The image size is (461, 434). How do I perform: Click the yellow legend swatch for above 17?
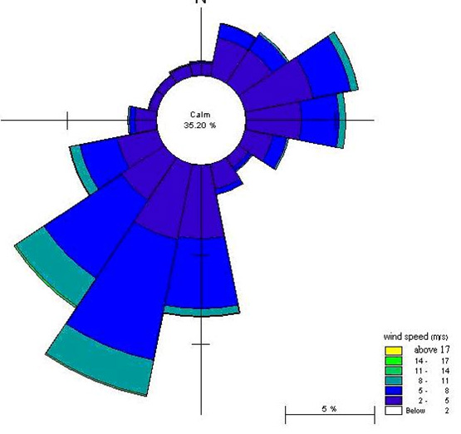(394, 350)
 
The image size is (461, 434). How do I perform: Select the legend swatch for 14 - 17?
(394, 361)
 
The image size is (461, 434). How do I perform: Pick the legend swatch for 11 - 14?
(394, 371)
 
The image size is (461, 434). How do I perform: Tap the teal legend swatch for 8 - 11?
(394, 381)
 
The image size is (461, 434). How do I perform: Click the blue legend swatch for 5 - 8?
(394, 391)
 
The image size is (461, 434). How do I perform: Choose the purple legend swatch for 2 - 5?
(394, 401)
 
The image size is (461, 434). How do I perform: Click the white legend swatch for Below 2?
(394, 411)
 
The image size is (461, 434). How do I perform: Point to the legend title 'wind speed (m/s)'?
(415, 337)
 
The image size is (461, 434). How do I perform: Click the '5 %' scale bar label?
(329, 409)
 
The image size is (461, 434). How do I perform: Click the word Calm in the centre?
(200, 115)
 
